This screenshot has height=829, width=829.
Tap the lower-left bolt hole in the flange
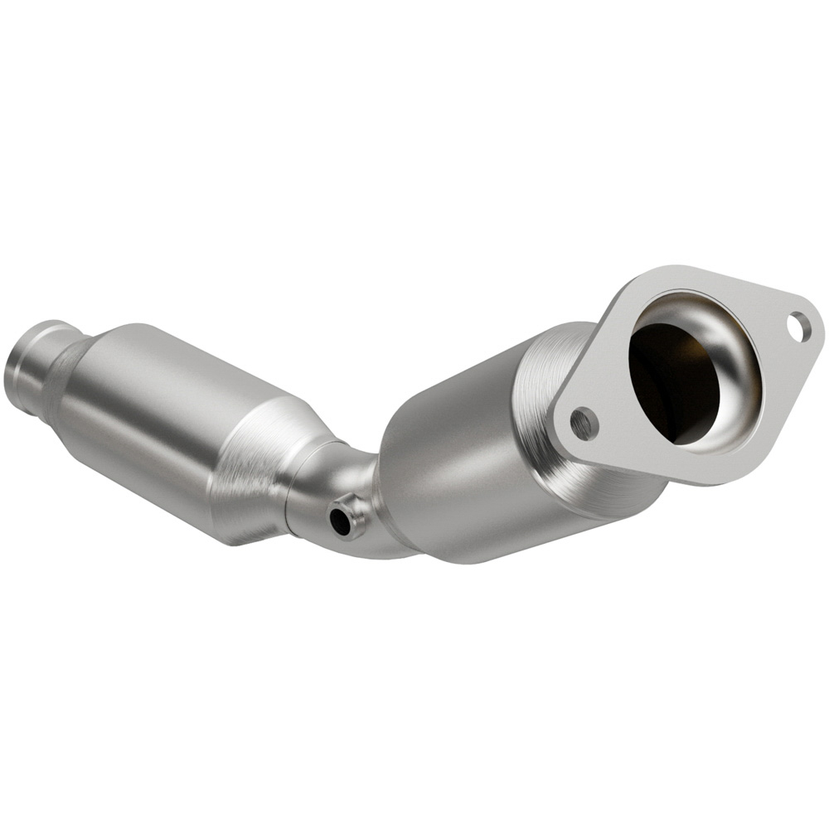[x=584, y=424]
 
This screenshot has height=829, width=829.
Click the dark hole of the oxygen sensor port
[x=340, y=521]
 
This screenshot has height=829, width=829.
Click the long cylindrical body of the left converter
[x=158, y=414]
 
